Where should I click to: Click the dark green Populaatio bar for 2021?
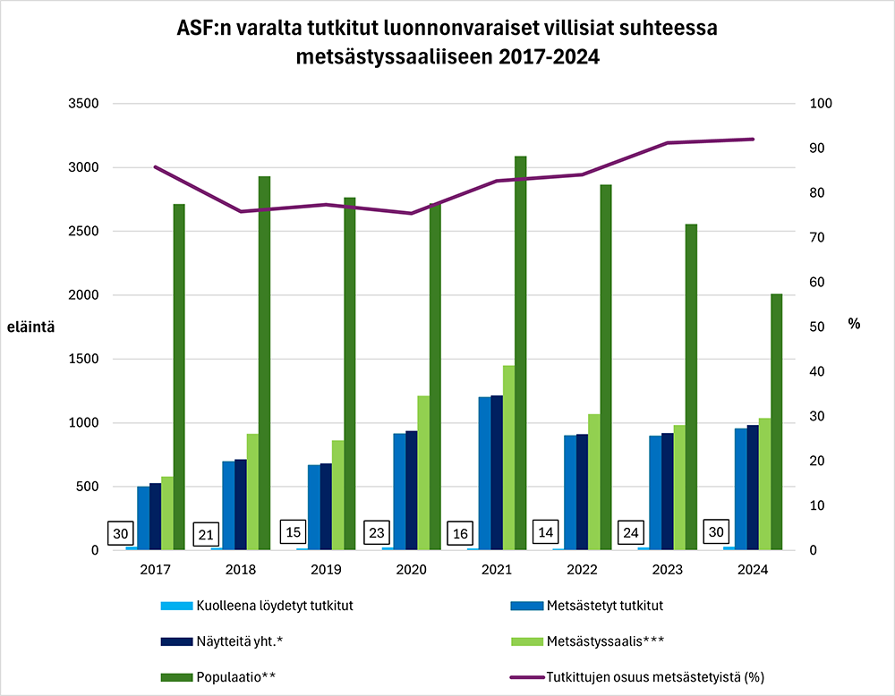pos(521,358)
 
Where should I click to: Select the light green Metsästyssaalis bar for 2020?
pos(423,474)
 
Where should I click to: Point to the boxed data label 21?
pos(207,535)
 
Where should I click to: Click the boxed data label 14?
pos(546,532)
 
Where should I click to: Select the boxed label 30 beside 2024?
pos(716,530)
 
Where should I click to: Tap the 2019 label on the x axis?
pos(325,570)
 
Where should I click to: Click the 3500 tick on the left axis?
pos(82,104)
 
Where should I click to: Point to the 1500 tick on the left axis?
pos(82,360)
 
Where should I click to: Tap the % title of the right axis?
pos(854,324)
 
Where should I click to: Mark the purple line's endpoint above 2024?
pos(754,140)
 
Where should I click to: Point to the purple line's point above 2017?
pos(155,167)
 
